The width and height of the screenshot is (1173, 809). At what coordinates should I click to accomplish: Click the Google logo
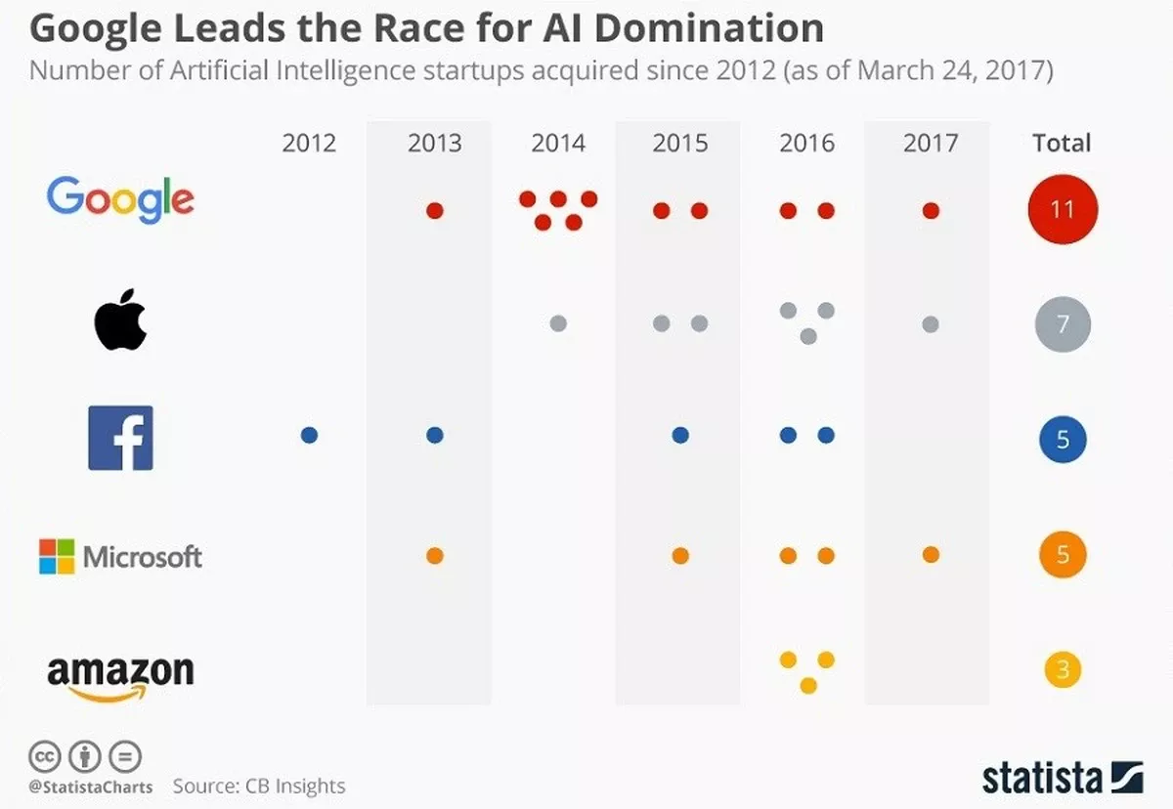(120, 200)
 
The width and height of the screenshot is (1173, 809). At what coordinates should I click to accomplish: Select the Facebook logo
(120, 438)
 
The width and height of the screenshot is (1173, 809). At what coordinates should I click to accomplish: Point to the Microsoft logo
(120, 557)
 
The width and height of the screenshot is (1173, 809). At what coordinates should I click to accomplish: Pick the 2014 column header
(558, 144)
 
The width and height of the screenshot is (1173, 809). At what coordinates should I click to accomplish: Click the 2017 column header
(930, 144)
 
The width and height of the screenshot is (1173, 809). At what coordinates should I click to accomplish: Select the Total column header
(1062, 144)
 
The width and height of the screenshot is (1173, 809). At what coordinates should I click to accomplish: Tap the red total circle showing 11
(1063, 209)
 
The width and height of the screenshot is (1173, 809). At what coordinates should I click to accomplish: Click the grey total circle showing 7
(1063, 324)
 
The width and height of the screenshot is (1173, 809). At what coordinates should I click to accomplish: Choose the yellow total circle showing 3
(1063, 670)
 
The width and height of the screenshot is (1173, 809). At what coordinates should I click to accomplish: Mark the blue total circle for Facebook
(1063, 440)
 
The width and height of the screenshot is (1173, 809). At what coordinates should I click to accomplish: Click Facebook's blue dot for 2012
(309, 436)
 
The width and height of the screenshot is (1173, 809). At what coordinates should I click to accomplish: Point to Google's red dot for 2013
(435, 210)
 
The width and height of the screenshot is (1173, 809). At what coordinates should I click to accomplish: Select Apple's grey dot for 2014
(558, 323)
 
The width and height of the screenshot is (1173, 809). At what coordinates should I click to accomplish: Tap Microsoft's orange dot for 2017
(931, 555)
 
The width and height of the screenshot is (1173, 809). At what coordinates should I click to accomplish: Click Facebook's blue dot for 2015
(680, 436)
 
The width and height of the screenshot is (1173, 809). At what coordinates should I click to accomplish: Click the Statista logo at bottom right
(1063, 778)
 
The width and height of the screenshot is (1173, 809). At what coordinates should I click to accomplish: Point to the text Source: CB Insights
(259, 786)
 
